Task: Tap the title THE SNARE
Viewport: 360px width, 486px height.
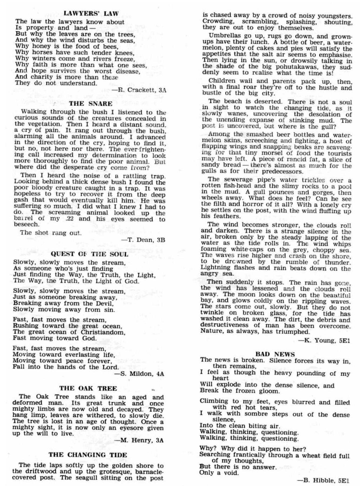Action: [90, 104]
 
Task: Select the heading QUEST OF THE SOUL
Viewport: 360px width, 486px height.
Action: [89, 254]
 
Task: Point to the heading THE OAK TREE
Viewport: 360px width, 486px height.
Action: [88, 388]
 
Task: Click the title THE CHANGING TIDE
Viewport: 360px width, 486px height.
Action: [88, 455]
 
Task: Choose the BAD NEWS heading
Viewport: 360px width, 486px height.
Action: [275, 354]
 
